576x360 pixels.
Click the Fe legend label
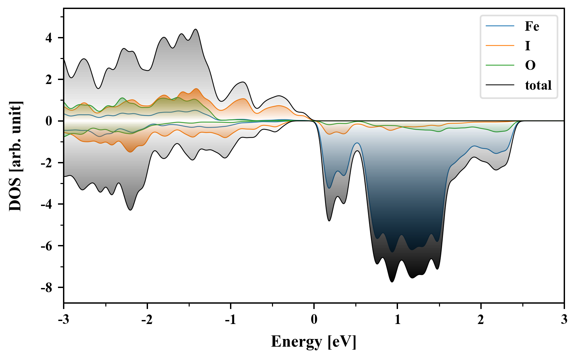click(532, 26)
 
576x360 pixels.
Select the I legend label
click(527, 46)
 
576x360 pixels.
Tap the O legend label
click(530, 65)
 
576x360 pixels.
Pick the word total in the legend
click(538, 85)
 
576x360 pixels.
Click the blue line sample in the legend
click(500, 26)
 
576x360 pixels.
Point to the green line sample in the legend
click(500, 65)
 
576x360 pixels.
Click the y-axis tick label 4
click(49, 38)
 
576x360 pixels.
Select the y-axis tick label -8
click(46, 288)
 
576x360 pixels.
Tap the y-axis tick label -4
click(46, 204)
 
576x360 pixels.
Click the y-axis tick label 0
click(49, 121)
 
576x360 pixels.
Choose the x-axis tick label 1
click(397, 320)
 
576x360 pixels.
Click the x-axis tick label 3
click(564, 320)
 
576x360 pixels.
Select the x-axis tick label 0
click(314, 320)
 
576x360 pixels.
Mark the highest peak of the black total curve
click(196, 29)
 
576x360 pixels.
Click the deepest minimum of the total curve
click(392, 282)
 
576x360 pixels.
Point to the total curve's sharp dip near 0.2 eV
click(329, 221)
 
